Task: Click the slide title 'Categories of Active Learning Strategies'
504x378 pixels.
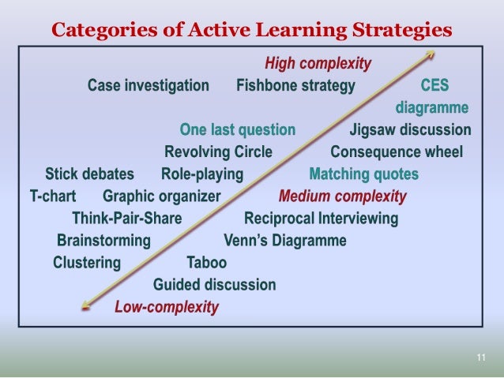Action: pos(251,31)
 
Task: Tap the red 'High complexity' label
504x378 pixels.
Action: pos(318,64)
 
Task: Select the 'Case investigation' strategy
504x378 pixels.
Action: pos(149,85)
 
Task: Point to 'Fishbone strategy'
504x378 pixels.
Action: pos(295,85)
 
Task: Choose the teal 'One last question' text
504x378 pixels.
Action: pos(238,129)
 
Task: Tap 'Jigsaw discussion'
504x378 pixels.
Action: pos(410,129)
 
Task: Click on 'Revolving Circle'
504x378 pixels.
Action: pos(218,152)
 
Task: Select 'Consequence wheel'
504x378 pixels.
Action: pos(397,152)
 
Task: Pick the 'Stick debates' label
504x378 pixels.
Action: pos(89,174)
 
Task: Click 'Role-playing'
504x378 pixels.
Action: pos(202,174)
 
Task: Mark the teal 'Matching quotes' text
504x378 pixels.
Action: pos(364,174)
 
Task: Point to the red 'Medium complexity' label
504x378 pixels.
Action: pos(343,196)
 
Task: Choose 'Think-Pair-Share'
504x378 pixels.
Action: pos(127,218)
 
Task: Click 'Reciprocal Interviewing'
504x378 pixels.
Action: pos(322,218)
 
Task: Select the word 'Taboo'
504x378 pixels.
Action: pos(206,262)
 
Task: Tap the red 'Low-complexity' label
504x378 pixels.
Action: pos(167,307)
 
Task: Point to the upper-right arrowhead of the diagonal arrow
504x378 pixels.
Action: pos(431,54)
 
